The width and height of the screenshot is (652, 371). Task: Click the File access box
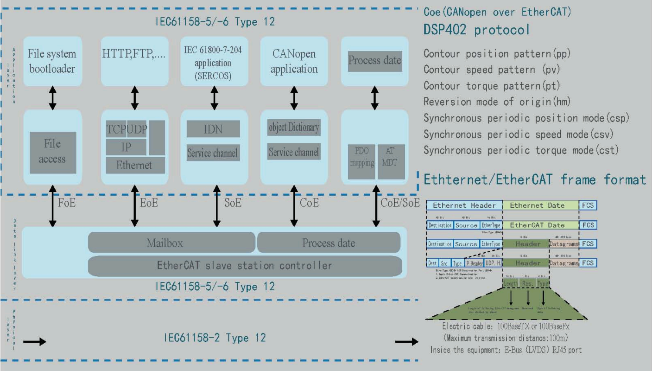point(52,152)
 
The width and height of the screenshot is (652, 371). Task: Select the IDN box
point(213,129)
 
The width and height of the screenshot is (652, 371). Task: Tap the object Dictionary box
point(294,127)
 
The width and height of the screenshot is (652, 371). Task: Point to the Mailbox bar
point(171,242)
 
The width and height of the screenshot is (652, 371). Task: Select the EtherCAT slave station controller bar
point(245,266)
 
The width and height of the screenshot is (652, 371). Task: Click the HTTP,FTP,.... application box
point(134,54)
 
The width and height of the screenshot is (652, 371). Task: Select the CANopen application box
point(294,61)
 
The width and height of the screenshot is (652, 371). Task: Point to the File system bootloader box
point(52,61)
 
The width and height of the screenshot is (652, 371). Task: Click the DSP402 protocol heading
point(476,31)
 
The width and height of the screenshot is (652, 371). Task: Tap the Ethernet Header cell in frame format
point(464,205)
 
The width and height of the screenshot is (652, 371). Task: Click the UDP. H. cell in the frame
point(489,263)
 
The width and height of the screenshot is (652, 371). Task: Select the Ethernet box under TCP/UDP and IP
point(134,165)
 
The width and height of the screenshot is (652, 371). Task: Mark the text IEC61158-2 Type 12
point(215,338)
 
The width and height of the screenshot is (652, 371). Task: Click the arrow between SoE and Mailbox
point(214,211)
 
